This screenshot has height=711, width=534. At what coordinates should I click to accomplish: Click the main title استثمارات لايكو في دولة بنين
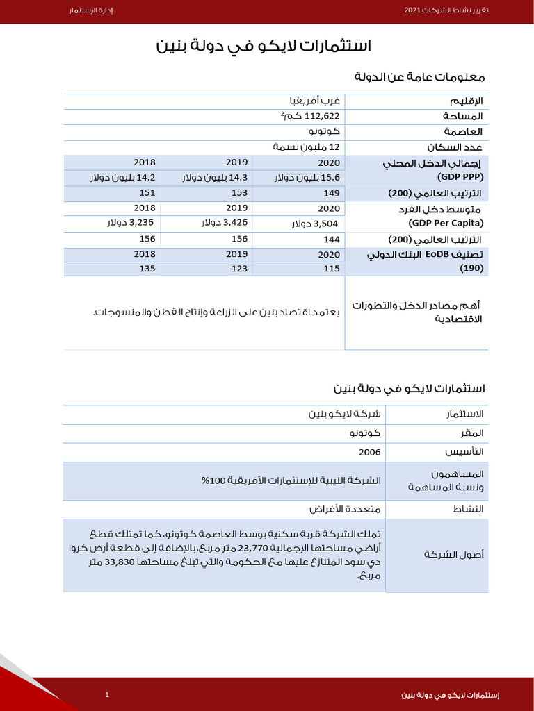tap(264, 47)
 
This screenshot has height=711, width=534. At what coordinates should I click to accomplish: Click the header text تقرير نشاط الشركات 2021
tap(446, 12)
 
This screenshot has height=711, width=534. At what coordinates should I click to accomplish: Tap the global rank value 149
tap(332, 193)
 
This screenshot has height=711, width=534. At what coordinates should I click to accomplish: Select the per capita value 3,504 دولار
tap(316, 224)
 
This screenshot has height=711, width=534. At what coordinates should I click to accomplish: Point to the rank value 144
tap(332, 239)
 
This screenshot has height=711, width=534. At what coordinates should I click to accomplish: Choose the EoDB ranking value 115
tap(332, 269)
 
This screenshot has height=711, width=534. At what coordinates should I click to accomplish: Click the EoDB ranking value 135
tap(147, 269)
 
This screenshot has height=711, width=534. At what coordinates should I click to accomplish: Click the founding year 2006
tap(369, 452)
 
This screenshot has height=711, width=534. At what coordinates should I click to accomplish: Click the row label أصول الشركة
tap(453, 555)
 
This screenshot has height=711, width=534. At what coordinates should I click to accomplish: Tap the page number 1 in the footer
tap(107, 695)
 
